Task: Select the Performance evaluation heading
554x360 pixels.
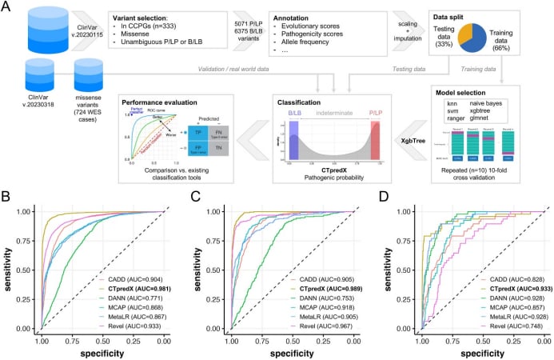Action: [x=153, y=102]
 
